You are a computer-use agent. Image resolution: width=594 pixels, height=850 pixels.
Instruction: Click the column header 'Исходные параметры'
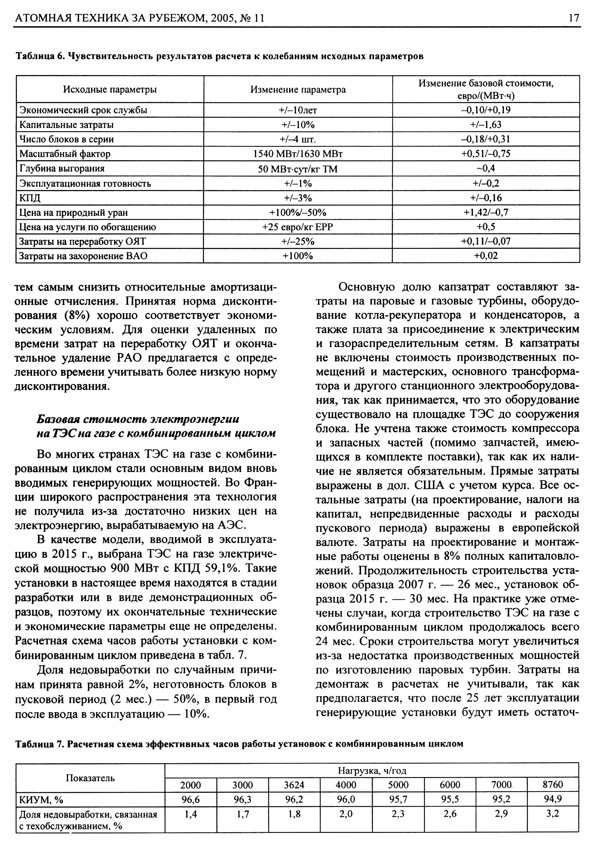(110, 90)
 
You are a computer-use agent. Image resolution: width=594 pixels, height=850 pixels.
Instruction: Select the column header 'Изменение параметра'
(298, 90)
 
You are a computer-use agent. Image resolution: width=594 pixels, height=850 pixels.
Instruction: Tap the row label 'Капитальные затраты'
(67, 125)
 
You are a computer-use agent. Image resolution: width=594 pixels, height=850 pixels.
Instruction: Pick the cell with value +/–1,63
(486, 125)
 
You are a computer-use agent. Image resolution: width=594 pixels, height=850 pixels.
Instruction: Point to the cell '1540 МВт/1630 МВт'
(298, 154)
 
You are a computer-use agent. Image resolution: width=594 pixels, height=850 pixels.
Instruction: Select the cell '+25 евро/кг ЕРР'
(298, 227)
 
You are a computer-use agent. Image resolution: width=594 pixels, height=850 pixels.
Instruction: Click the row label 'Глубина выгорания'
(62, 169)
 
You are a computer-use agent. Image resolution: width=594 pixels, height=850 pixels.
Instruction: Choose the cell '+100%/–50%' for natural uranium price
(298, 212)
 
